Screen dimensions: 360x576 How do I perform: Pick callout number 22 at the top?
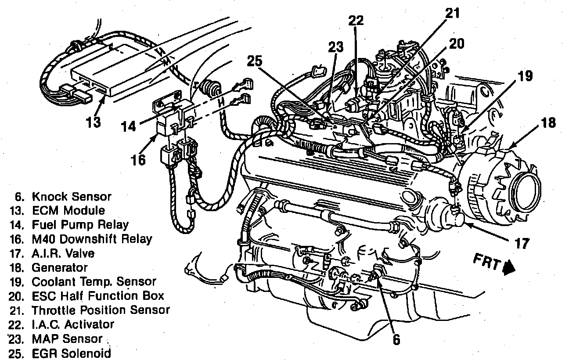[357, 21]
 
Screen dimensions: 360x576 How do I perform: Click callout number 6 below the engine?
[396, 339]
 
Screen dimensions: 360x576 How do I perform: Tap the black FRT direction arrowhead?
[510, 267]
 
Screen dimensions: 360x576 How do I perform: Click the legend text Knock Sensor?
[72, 197]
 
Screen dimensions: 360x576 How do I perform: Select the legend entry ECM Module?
[68, 211]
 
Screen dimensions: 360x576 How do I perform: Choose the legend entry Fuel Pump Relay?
[80, 225]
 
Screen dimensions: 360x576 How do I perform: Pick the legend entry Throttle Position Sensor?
[101, 310]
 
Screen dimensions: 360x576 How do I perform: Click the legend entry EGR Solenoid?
[71, 353]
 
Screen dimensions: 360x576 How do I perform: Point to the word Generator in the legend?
[60, 267]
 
